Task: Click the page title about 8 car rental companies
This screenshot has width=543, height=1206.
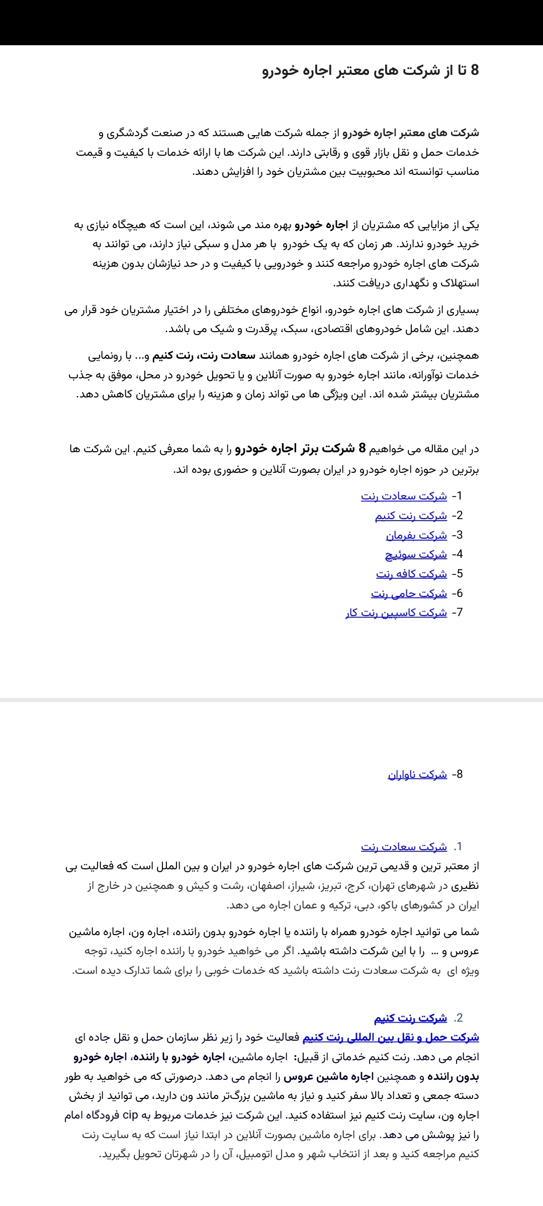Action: [371, 70]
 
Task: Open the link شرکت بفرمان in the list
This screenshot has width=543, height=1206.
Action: [416, 535]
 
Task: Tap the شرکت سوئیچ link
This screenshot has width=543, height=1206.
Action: [416, 554]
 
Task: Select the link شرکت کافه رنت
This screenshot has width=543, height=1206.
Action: [411, 574]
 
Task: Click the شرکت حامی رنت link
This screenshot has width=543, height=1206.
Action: [409, 593]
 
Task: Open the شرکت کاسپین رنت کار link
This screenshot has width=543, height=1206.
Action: [396, 613]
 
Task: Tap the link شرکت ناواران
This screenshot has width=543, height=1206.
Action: [417, 774]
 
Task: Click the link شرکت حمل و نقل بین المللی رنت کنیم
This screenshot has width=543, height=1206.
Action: [391, 1037]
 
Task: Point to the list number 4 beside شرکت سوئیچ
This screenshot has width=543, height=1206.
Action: [457, 554]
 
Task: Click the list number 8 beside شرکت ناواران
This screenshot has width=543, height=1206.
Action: [457, 774]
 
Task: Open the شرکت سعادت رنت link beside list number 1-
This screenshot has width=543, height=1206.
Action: [404, 496]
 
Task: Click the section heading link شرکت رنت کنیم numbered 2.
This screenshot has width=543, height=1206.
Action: [410, 1018]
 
